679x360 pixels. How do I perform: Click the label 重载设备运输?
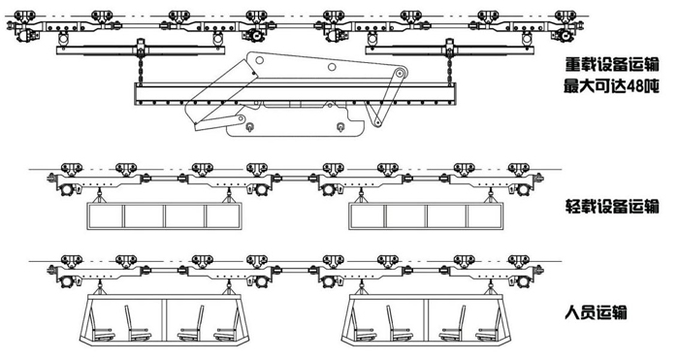612,64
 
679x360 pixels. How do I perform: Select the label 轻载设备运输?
612,206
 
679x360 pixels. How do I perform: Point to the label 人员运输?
596,311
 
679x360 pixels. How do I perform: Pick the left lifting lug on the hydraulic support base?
250,127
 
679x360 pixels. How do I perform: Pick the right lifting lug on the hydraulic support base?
340,127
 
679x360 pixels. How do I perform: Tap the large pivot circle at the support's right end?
401,73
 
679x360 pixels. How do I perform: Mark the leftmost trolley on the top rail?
24,17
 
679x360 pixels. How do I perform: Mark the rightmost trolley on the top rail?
565,17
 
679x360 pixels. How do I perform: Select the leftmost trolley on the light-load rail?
72,169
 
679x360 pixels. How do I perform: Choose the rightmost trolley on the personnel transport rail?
519,262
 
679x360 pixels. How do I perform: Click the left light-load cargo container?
165,215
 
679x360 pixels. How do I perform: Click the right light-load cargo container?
426,215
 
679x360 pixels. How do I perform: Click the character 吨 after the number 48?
651,86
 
